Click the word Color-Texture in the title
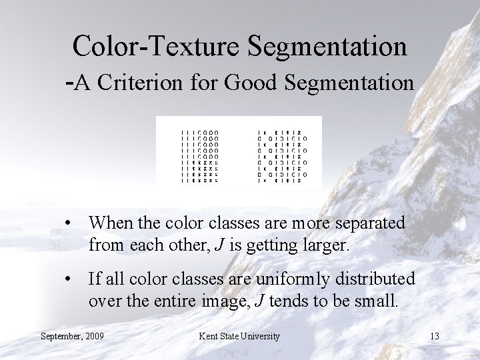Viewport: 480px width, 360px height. (155, 45)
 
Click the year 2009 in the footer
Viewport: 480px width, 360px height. (95, 336)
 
